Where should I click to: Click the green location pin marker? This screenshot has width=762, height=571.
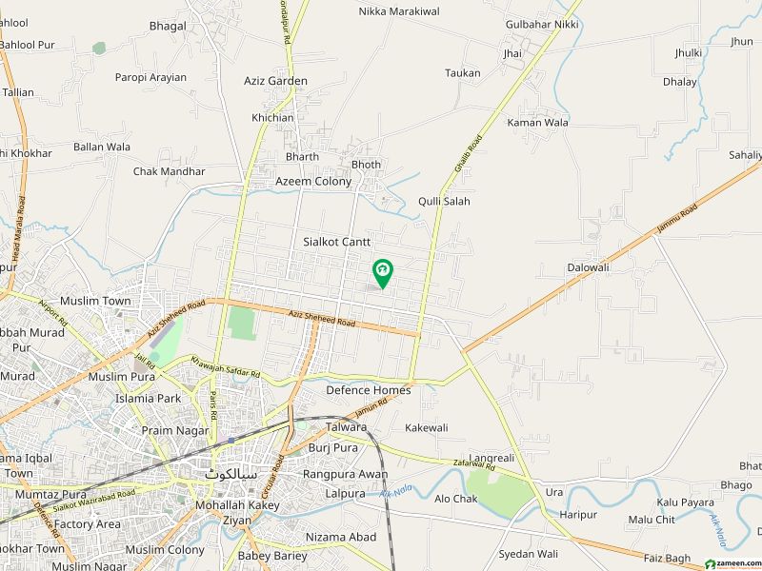point(383,273)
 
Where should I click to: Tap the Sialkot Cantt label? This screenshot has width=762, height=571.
point(337,243)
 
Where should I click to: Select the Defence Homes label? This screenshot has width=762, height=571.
point(369,390)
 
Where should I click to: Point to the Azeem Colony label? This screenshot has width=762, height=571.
point(313,182)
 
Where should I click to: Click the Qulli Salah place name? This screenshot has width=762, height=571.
point(444,202)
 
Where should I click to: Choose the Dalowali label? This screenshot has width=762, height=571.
point(588,268)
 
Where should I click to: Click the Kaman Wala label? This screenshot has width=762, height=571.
point(537,123)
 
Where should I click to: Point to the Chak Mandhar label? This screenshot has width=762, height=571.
point(169,172)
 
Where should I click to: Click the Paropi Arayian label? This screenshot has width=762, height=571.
point(150,78)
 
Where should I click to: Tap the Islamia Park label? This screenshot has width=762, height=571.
point(148,399)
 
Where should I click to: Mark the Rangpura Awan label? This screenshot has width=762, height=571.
point(345,474)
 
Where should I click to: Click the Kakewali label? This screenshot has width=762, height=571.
point(426,428)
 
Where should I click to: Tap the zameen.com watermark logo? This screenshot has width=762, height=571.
point(729,561)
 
